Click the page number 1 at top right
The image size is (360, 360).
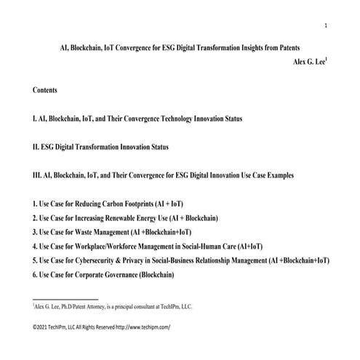325,26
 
